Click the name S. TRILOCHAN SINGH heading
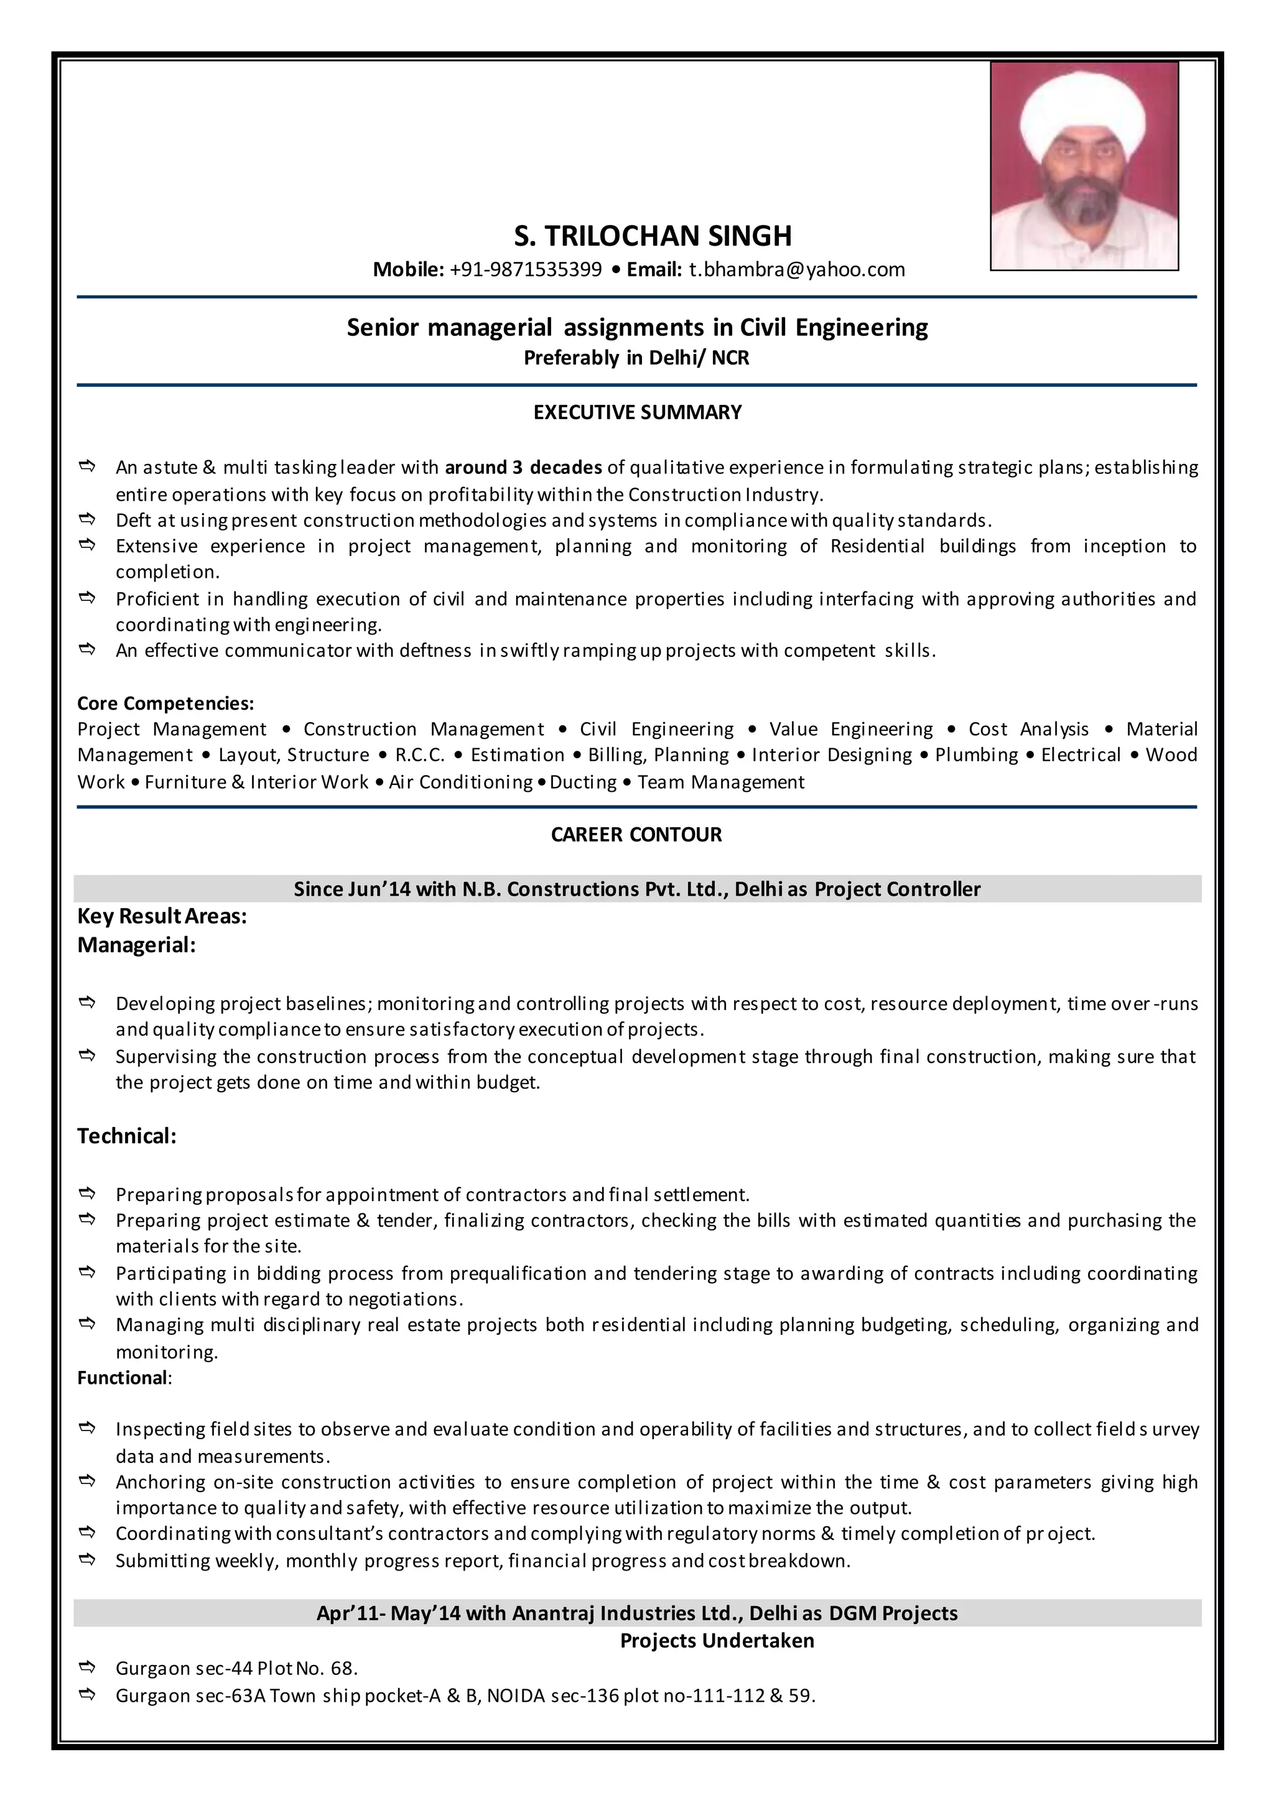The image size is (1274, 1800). pyautogui.click(x=653, y=236)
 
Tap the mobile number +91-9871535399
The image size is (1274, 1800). pyautogui.click(x=526, y=270)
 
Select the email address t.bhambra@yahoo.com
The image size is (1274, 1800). pyautogui.click(x=796, y=270)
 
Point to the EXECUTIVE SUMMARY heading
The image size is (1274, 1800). pyautogui.click(x=637, y=412)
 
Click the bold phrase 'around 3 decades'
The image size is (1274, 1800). pyautogui.click(x=523, y=468)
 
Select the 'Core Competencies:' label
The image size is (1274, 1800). pyautogui.click(x=165, y=703)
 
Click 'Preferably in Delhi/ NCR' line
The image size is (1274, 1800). pyautogui.click(x=636, y=358)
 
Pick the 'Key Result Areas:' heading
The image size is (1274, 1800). pyautogui.click(x=162, y=916)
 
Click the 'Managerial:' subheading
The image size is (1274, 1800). pyautogui.click(x=136, y=945)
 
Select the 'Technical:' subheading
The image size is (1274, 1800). pyautogui.click(x=127, y=1136)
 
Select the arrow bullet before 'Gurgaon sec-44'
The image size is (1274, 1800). pyautogui.click(x=87, y=1667)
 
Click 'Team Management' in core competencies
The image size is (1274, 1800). pyautogui.click(x=720, y=782)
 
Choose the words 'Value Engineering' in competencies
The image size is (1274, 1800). pyautogui.click(x=850, y=730)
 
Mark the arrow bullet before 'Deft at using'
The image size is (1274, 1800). pyautogui.click(x=87, y=519)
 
